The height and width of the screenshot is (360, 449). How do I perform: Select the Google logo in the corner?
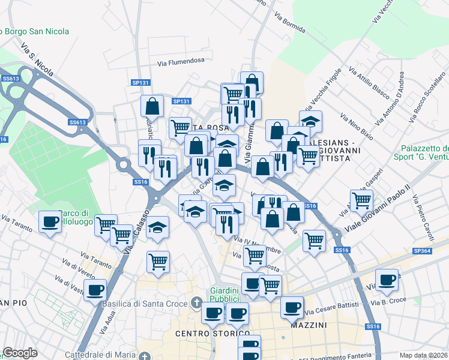click(20, 353)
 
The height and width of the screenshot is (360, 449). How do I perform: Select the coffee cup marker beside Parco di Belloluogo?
click(50, 223)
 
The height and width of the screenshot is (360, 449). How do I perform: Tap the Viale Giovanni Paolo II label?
click(375, 214)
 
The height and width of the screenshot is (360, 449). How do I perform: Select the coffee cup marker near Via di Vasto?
click(94, 292)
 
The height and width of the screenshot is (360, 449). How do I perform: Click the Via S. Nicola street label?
click(37, 59)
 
